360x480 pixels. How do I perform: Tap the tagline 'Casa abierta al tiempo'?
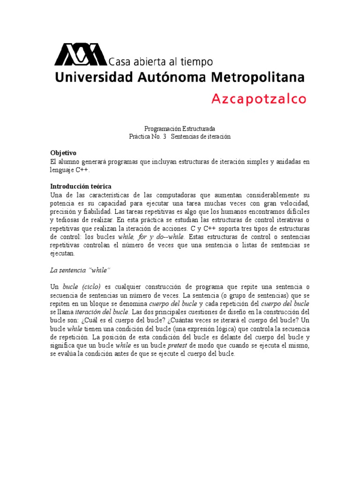click(x=161, y=61)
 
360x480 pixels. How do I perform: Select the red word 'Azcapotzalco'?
click(x=259, y=99)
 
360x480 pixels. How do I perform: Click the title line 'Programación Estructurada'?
click(x=180, y=128)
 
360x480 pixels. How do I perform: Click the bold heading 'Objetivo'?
click(x=63, y=153)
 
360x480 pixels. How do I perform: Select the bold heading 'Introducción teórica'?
click(x=81, y=187)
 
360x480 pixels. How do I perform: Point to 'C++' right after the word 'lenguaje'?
click(x=82, y=170)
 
